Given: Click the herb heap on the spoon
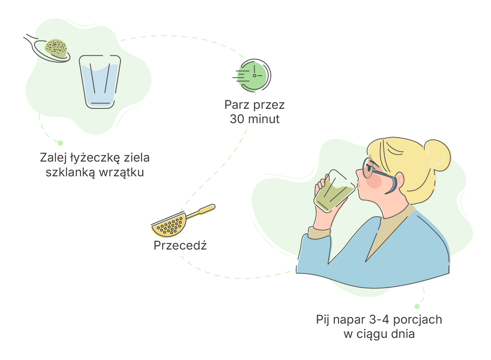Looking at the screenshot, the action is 56,48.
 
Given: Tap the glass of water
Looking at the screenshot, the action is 100,82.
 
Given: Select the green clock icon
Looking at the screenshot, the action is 252,75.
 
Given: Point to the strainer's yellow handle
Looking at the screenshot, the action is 201,211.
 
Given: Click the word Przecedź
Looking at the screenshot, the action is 180,246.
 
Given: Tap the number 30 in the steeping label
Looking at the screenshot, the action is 237,119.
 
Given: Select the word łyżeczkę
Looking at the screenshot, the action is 95,158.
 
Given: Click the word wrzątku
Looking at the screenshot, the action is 122,173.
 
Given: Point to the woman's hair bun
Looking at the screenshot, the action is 437,155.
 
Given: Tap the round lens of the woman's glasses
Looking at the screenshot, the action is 367,168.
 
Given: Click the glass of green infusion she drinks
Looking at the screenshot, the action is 335,191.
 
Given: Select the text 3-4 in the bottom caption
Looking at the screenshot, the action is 379,319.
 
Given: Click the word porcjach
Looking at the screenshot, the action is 418,320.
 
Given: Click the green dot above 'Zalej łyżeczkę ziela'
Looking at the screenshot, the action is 60,143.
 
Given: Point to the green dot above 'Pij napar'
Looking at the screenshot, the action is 417,306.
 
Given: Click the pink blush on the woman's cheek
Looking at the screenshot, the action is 374,181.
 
